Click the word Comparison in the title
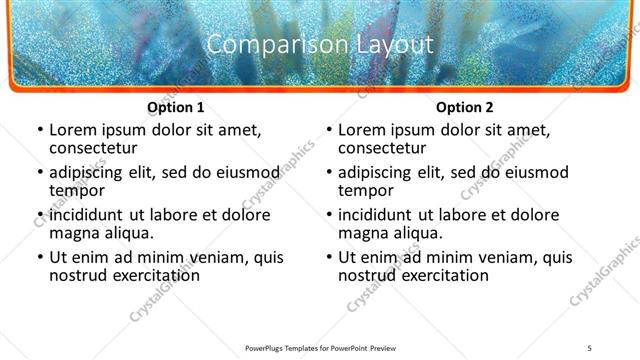pos(263,44)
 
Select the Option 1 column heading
pos(176,107)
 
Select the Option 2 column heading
pos(465,107)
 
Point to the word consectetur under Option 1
pos(92,148)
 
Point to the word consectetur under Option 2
pos(381,148)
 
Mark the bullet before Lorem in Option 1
pos(39,131)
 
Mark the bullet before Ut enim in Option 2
pos(328,258)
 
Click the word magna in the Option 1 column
pos(75,233)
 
